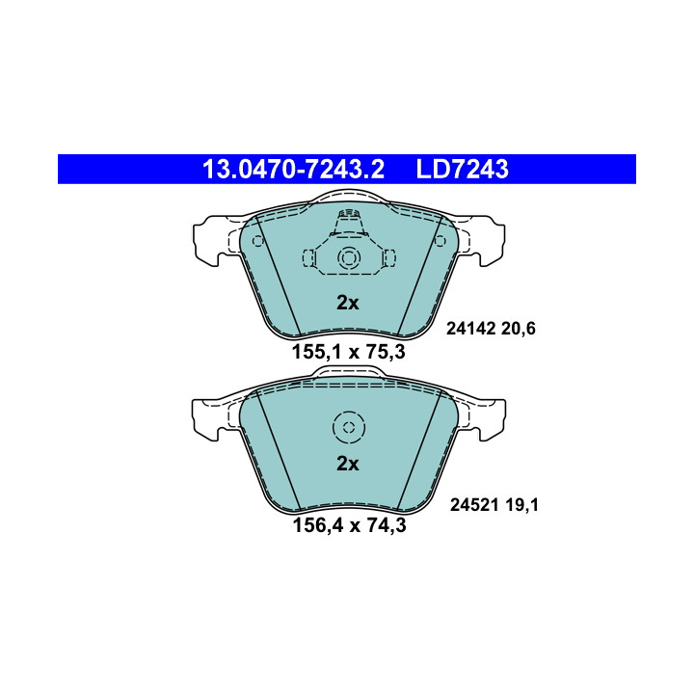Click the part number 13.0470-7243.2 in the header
[x=293, y=169]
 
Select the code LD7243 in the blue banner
[x=462, y=169]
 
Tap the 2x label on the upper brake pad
[x=347, y=303]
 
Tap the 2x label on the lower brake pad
[x=347, y=464]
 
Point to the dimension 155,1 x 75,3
[x=348, y=353]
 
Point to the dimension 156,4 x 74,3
[x=349, y=525]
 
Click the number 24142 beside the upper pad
[x=471, y=329]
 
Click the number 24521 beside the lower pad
[x=475, y=504]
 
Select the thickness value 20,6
[x=519, y=329]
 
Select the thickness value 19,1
[x=521, y=504]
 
